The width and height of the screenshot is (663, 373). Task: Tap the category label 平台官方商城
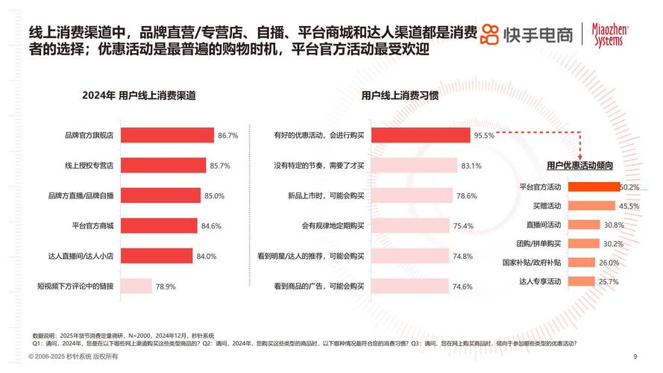point(90,225)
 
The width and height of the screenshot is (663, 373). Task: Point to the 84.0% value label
point(207,256)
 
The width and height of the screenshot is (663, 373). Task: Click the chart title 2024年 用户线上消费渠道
point(139,95)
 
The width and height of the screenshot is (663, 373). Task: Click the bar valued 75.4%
point(410,225)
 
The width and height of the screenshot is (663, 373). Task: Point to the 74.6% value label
point(462,286)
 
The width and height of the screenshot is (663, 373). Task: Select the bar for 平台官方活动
point(593,186)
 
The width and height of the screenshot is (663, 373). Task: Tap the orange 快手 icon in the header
point(488,34)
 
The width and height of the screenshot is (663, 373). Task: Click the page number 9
point(635,356)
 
